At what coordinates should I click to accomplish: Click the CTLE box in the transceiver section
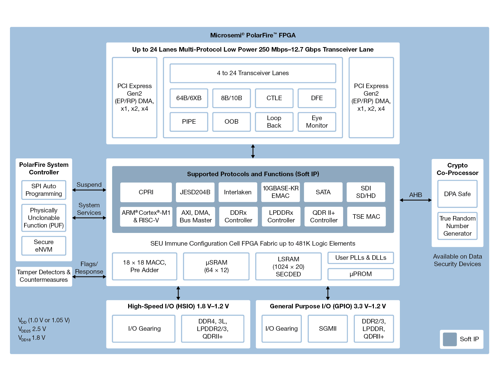point(274,98)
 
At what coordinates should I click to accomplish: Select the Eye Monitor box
point(317,122)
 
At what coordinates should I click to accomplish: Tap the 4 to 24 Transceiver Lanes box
point(253,73)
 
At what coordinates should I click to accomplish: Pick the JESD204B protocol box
point(195,192)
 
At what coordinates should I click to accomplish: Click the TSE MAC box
point(366,217)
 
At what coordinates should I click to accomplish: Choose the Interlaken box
point(238,192)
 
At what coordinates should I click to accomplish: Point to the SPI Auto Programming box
point(44,190)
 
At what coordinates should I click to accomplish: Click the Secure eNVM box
point(44,246)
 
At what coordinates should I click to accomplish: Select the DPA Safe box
point(457,194)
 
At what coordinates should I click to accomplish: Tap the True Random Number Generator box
point(457,226)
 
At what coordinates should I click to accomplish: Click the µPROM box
point(361,274)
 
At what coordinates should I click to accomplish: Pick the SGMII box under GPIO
point(327,329)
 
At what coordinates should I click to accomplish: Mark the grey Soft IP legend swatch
point(450,339)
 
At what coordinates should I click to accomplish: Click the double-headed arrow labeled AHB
point(416,200)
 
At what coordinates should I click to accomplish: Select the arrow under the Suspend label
point(89,190)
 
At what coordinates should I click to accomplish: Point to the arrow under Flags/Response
point(89,277)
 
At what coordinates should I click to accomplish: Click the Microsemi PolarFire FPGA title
point(253,35)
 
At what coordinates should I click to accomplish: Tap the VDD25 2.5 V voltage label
point(32,329)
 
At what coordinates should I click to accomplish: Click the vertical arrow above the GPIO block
point(328,293)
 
